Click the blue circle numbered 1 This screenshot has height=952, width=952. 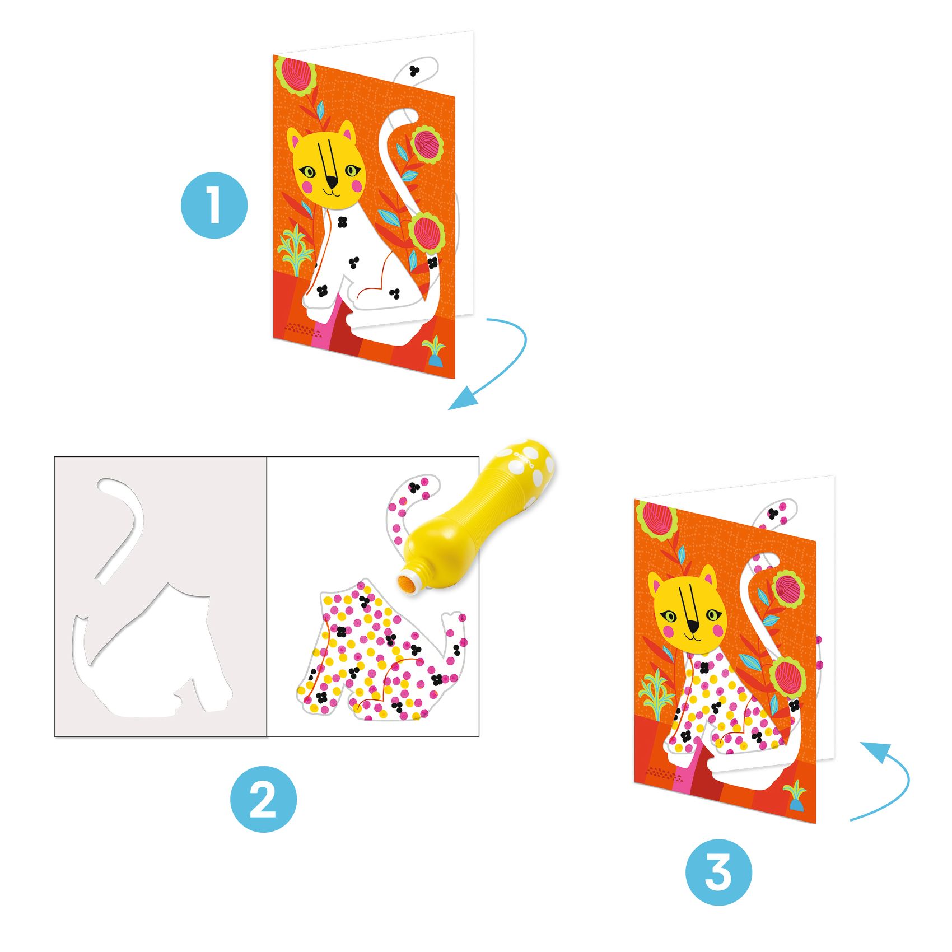pos(214,206)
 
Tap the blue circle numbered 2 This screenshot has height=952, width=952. pos(263,799)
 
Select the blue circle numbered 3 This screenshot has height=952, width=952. pos(718,872)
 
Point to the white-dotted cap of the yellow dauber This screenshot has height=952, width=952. pos(530,465)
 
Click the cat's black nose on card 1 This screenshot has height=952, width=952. pos(333,182)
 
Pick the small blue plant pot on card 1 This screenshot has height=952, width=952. pos(435,358)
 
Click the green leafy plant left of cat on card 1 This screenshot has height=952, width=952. pos(295,249)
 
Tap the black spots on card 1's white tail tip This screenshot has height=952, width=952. pos(414,71)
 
